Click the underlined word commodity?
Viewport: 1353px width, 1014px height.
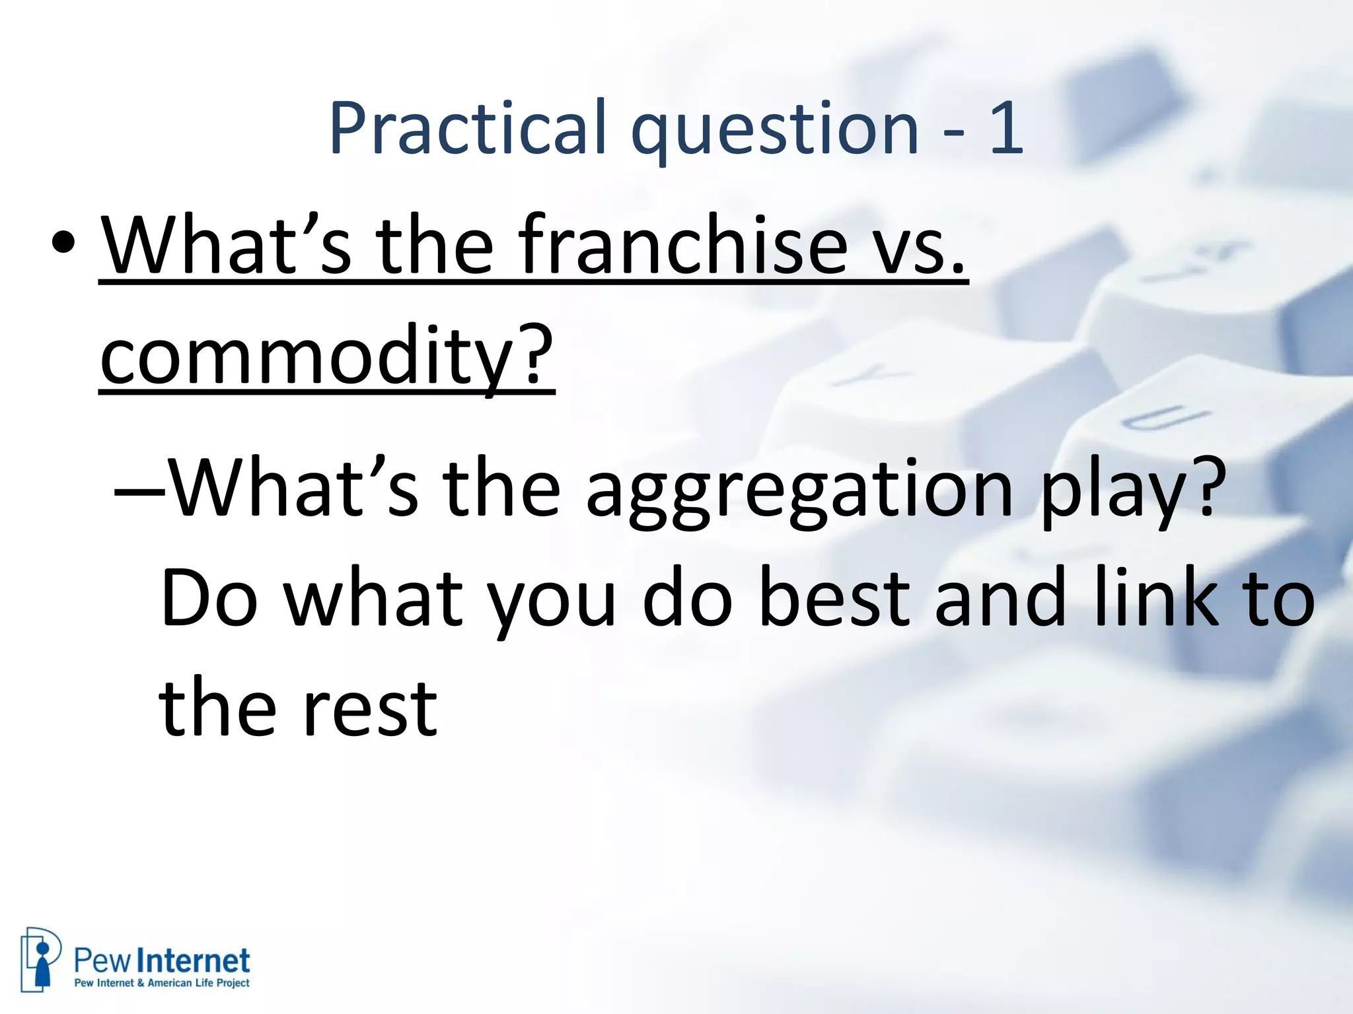click(326, 357)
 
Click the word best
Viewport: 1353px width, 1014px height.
click(834, 599)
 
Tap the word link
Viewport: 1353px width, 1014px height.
click(1156, 599)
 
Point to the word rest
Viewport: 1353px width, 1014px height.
click(370, 710)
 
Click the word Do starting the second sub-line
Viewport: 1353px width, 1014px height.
click(209, 599)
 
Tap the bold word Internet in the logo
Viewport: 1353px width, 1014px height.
click(197, 961)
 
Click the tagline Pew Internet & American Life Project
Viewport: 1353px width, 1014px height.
click(162, 983)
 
